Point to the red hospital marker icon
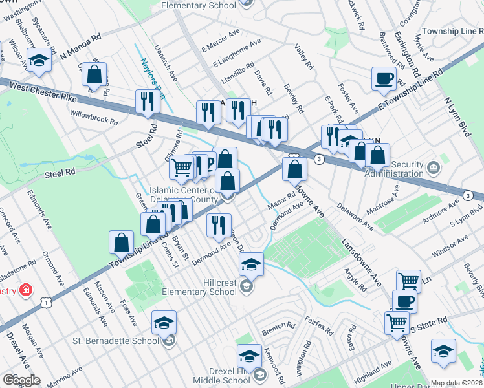26,290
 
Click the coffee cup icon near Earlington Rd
384,79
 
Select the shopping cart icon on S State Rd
397,322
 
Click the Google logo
21,380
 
